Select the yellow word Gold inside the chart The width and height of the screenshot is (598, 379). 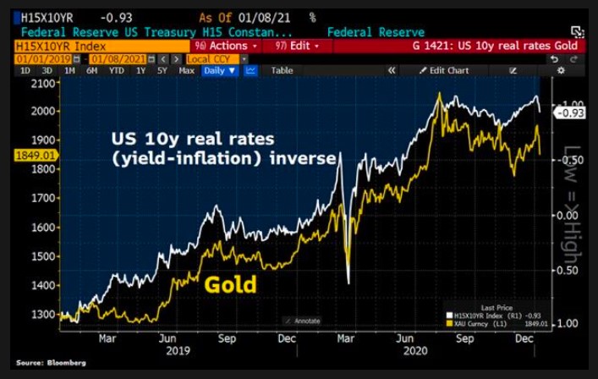pos(230,284)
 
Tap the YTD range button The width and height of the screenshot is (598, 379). pos(116,71)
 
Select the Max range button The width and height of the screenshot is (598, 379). pos(187,71)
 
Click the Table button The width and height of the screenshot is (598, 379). pos(282,71)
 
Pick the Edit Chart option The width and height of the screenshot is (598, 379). pos(447,71)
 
